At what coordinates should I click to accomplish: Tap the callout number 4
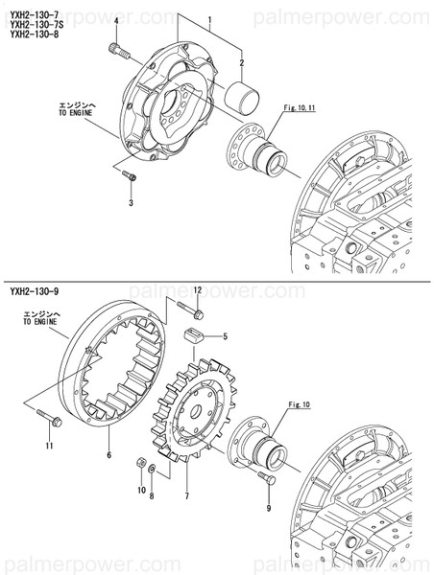pos(115,20)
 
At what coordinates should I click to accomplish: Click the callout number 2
pos(242,63)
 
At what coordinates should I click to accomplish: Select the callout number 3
pos(132,202)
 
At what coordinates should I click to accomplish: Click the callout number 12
pos(198,288)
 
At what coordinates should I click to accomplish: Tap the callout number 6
pos(108,454)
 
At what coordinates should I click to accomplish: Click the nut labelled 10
pos(139,464)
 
